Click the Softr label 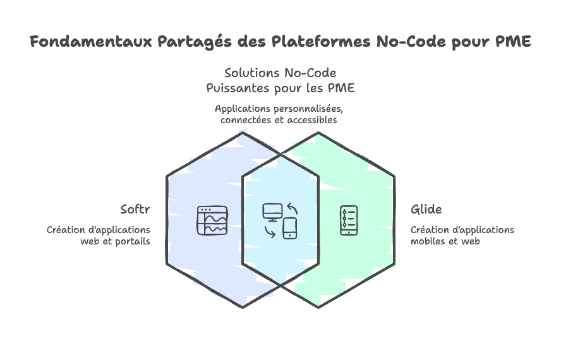pos(135,209)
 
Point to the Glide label pos(426,209)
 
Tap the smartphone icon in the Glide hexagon pos(349,220)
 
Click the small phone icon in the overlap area pos(290,228)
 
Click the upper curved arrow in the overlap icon pos(291,208)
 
